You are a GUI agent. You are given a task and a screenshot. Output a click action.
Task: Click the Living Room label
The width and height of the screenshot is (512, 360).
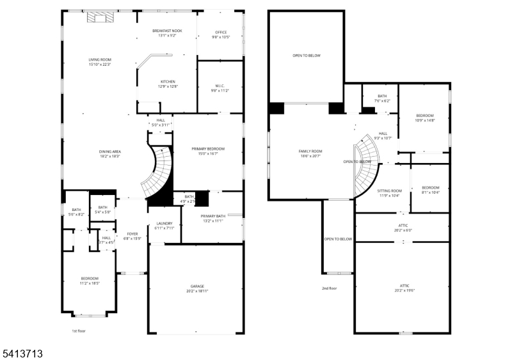pos(100,62)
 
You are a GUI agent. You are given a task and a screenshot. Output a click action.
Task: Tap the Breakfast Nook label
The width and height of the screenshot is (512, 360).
pos(167,33)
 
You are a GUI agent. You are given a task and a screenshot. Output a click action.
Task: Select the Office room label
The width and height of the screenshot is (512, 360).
pos(221,35)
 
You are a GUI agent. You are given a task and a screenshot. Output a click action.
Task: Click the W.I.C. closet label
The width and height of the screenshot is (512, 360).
pos(221,89)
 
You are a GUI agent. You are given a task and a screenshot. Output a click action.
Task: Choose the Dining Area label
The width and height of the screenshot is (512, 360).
pos(110,153)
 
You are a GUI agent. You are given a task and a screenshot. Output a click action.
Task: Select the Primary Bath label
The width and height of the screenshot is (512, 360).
pos(212,218)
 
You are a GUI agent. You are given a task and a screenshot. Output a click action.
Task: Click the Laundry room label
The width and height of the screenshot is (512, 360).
pos(164,225)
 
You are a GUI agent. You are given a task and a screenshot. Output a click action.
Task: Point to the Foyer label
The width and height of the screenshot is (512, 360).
pos(132,236)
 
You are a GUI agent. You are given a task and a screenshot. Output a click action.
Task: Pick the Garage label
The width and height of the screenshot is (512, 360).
pos(196,288)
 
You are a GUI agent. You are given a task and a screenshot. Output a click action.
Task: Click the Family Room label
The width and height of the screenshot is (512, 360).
pos(310,153)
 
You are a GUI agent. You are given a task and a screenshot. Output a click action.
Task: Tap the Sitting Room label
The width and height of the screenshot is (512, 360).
pos(388,192)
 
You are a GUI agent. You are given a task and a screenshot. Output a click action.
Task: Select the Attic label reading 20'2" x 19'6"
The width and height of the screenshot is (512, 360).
pos(404,288)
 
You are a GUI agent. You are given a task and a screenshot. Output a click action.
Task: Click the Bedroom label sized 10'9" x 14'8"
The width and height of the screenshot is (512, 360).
pos(424,118)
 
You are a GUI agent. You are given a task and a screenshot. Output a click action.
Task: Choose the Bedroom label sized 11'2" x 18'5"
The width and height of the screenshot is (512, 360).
pos(90,281)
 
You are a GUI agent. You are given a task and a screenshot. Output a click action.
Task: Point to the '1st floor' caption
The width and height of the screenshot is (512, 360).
pos(79,331)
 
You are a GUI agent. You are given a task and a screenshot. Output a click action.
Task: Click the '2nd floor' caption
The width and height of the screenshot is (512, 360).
pos(329,288)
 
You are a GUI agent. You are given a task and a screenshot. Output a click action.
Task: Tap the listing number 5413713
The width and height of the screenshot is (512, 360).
pos(22,352)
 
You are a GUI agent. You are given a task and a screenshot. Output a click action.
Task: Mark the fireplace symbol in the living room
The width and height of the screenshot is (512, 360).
pos(99,17)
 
